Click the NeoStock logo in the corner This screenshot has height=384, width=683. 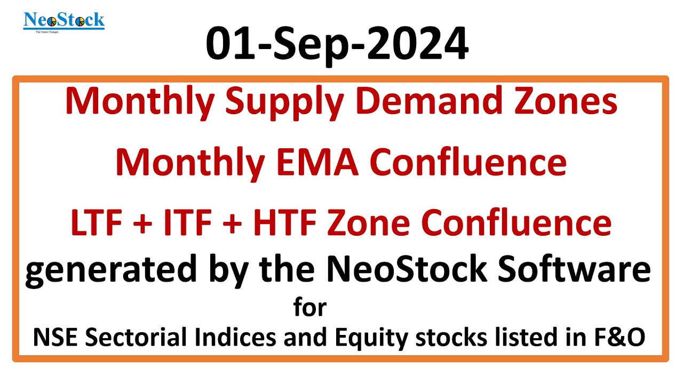(64, 21)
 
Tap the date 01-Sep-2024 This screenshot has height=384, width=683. (337, 45)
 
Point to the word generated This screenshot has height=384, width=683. (110, 271)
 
